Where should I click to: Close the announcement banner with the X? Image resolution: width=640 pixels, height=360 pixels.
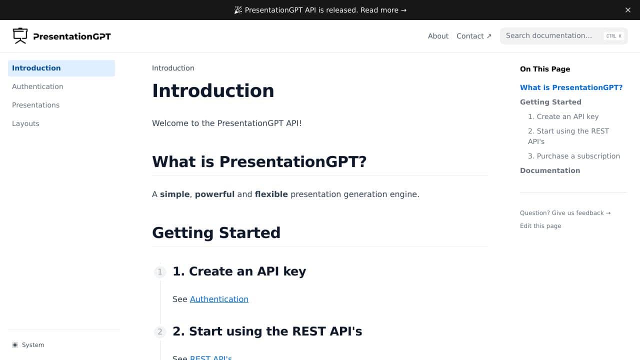pyautogui.click(x=627, y=10)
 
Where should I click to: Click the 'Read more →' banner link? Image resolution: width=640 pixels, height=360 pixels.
pyautogui.click(x=383, y=10)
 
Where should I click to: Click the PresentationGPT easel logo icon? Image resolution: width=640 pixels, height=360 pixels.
pyautogui.click(x=20, y=35)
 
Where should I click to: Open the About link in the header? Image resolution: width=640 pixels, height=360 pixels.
pyautogui.click(x=438, y=36)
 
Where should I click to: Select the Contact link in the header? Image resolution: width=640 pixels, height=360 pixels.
pyautogui.click(x=473, y=36)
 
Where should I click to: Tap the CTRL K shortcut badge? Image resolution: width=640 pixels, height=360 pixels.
pyautogui.click(x=613, y=36)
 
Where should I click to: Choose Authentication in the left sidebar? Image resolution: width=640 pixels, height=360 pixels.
pyautogui.click(x=37, y=86)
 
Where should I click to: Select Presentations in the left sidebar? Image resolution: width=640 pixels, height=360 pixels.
pyautogui.click(x=35, y=105)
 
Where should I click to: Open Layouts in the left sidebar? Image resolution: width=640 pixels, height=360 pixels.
pyautogui.click(x=25, y=123)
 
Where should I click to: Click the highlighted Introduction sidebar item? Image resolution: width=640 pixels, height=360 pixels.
pyautogui.click(x=61, y=68)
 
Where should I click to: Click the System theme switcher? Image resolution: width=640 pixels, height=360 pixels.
pyautogui.click(x=28, y=345)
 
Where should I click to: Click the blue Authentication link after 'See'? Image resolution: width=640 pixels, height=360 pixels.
pyautogui.click(x=219, y=299)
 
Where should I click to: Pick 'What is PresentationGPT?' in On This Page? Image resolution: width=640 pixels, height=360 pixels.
pyautogui.click(x=571, y=87)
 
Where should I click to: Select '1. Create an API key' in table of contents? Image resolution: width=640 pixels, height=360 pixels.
pyautogui.click(x=563, y=116)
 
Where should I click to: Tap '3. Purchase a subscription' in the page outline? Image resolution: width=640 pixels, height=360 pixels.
pyautogui.click(x=573, y=156)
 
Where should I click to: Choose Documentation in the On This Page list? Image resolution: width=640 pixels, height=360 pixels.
pyautogui.click(x=550, y=170)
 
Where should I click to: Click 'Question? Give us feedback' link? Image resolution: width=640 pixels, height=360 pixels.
pyautogui.click(x=565, y=213)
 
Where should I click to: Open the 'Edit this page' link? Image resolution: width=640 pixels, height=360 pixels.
pyautogui.click(x=540, y=225)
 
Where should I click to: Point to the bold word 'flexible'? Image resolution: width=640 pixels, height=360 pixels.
pyautogui.click(x=271, y=194)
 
